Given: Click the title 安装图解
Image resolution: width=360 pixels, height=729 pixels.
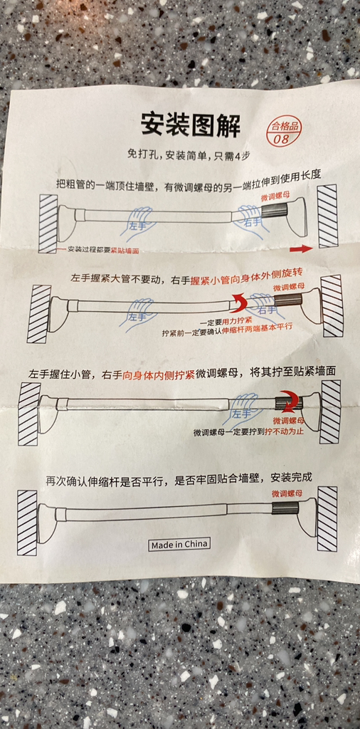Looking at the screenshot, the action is coord(191,125).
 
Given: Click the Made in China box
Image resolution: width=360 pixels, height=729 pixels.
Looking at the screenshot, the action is coord(180,545).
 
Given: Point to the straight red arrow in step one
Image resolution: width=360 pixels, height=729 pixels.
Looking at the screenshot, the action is coord(300,249).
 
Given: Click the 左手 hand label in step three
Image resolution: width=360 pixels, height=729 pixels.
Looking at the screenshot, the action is coord(242,413).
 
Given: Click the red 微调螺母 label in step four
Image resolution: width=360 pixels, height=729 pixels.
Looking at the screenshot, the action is coord(287,494).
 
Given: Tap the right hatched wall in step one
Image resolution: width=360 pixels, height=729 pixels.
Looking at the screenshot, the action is coord(328,216).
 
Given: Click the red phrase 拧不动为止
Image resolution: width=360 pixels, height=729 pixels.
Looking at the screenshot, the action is coord(284,432).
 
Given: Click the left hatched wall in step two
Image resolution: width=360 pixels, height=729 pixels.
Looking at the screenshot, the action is coord(39,313).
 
